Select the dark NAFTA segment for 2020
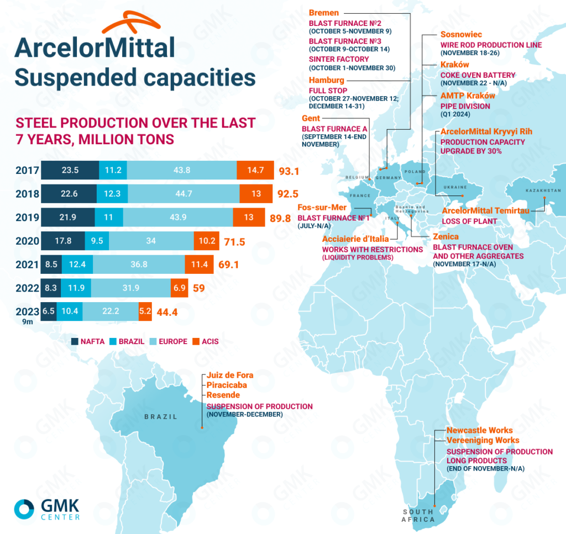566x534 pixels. pyautogui.click(x=63, y=241)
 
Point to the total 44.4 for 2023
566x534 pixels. pyautogui.click(x=166, y=312)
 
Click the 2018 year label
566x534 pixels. pyautogui.click(x=27, y=194)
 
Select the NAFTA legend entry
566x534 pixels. pyautogui.click(x=89, y=341)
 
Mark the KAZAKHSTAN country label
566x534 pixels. pyautogui.click(x=543, y=191)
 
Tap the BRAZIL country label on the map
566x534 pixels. pyautogui.click(x=161, y=417)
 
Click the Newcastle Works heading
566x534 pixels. pyautogui.click(x=479, y=430)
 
